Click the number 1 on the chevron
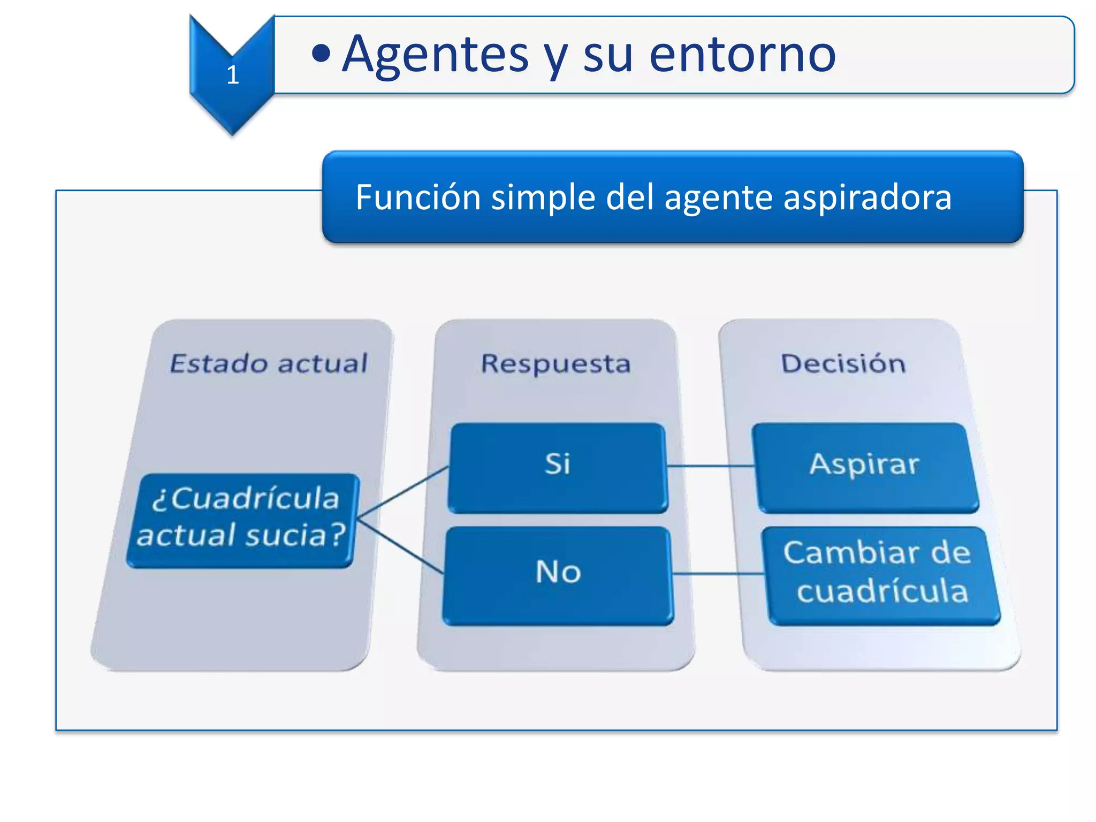point(232,75)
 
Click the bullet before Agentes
point(321,54)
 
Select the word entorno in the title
point(742,55)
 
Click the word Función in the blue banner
point(418,197)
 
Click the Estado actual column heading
point(269,363)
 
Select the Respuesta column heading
point(555,364)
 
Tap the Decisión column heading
point(843,364)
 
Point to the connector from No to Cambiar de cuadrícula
point(717,574)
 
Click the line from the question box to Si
point(402,492)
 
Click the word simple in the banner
point(542,198)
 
